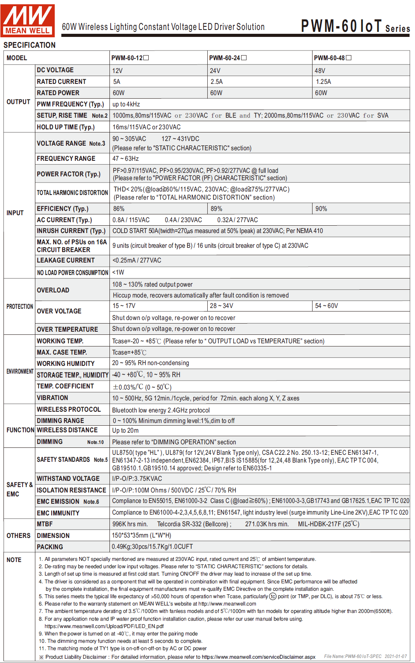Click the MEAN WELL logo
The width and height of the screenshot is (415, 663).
tap(28, 20)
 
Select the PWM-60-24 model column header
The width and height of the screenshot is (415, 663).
tap(227, 58)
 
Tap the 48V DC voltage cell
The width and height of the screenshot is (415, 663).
tap(320, 71)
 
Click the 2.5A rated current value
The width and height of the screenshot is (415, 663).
tap(217, 82)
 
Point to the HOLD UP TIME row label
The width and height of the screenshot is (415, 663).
tap(66, 127)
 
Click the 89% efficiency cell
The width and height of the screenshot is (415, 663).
tap(216, 209)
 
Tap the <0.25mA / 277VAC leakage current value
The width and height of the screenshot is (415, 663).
tap(137, 260)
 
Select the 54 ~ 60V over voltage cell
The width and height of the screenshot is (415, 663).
tap(326, 306)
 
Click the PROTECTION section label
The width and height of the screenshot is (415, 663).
tap(19, 306)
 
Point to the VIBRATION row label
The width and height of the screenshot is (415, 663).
tap(52, 398)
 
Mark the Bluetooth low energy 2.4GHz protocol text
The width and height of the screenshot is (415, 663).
tap(161, 410)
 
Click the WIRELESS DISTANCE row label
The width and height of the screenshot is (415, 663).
tap(67, 430)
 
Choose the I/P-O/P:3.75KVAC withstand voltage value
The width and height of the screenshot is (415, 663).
tap(137, 479)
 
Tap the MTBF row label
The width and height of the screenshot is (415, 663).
tap(45, 524)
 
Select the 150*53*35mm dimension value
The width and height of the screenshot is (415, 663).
tap(141, 535)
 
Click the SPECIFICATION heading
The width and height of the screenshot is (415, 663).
tap(30, 45)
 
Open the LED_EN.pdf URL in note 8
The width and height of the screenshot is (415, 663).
tap(104, 626)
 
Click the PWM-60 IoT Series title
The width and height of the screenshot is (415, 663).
tap(355, 26)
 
